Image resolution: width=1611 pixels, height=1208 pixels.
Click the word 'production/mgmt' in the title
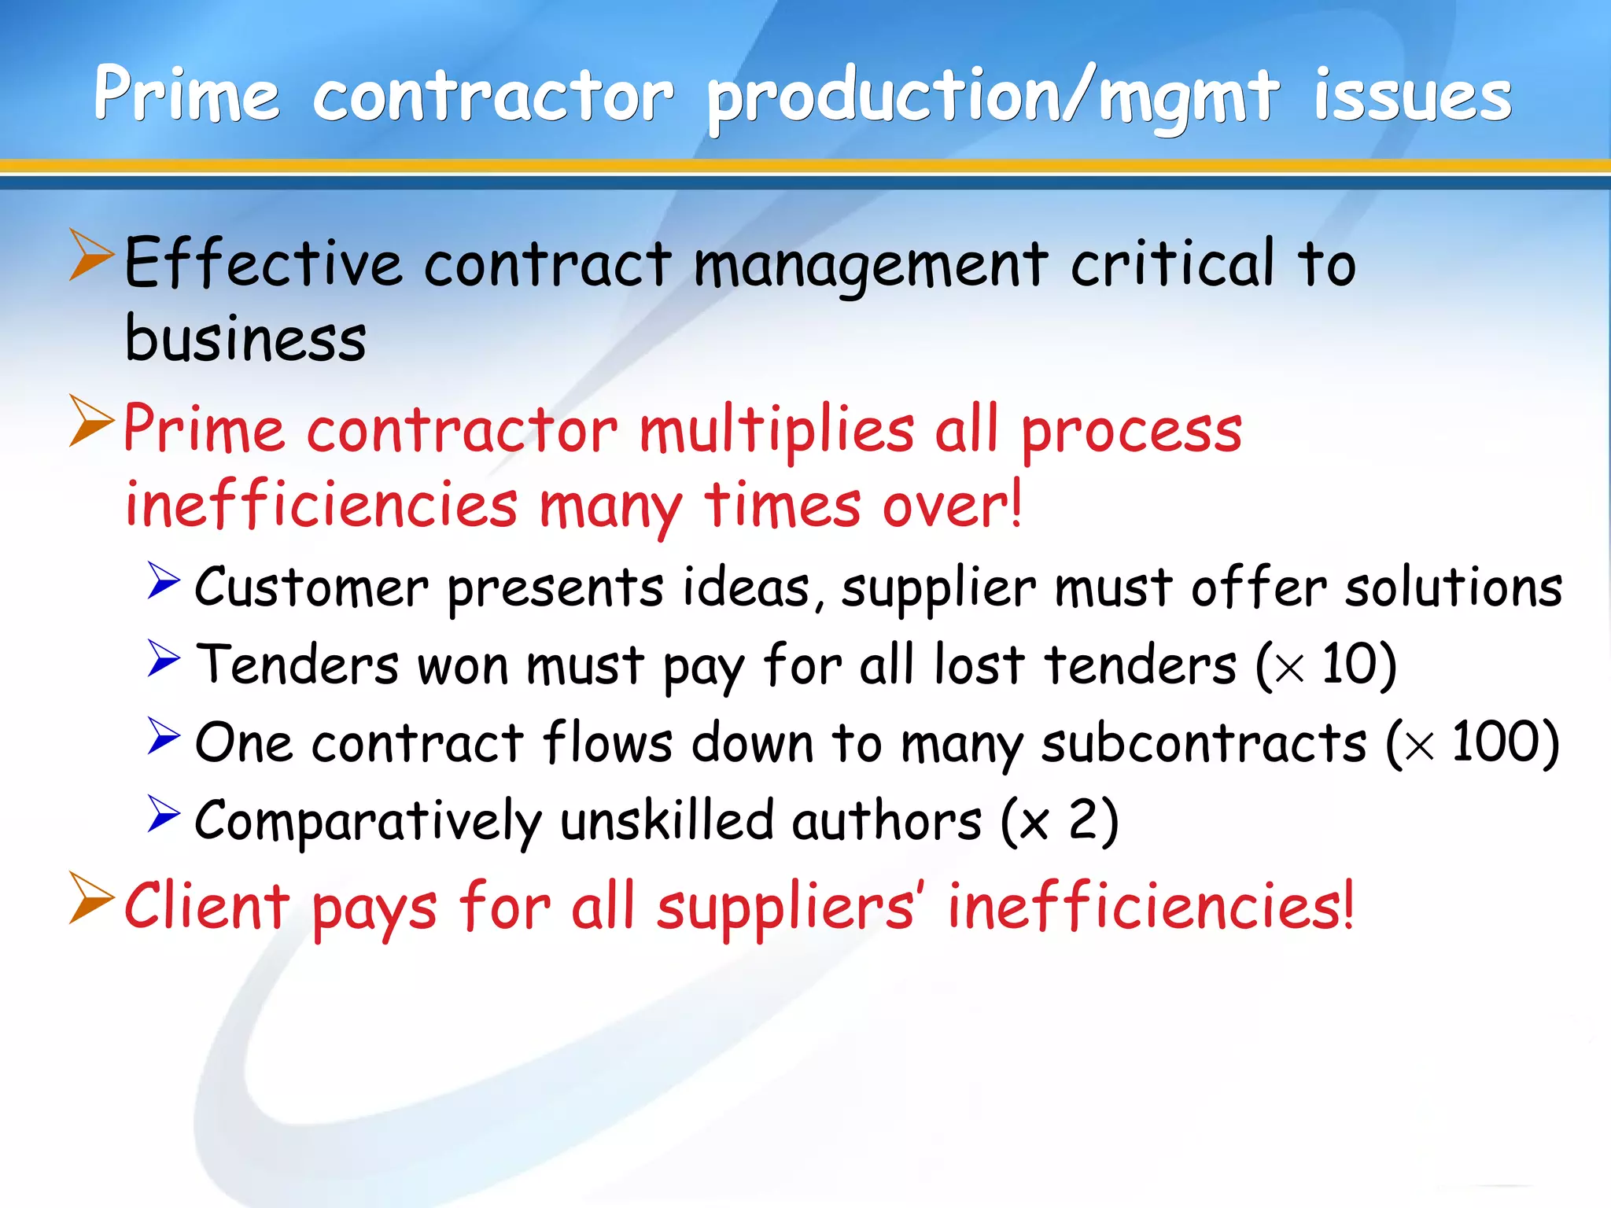(x=993, y=98)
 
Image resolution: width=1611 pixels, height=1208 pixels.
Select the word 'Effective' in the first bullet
(x=263, y=263)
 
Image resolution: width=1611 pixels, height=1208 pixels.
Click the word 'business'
(x=245, y=338)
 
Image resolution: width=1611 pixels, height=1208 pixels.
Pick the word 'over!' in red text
(x=952, y=505)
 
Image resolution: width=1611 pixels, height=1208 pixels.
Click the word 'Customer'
(x=311, y=587)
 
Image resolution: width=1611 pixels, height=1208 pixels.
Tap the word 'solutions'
(x=1454, y=587)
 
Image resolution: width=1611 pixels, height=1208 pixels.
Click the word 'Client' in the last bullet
(x=207, y=907)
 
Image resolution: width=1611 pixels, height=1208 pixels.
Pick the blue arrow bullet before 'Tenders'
(x=164, y=658)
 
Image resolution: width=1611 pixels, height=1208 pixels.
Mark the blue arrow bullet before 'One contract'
(x=164, y=736)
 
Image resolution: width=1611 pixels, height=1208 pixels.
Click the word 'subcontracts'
(x=1204, y=743)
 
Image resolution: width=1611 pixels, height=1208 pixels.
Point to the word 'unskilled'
(x=667, y=820)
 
